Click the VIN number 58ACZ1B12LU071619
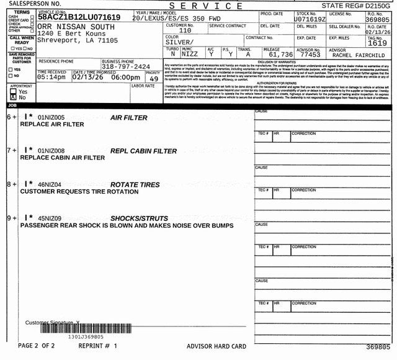(x=79, y=17)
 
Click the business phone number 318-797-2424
(x=125, y=66)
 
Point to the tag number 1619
(x=377, y=43)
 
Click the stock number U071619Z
(x=310, y=19)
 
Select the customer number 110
(x=185, y=30)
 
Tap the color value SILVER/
(x=181, y=42)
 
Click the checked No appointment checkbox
(x=14, y=97)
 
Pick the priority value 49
(x=153, y=79)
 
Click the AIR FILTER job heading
(x=128, y=117)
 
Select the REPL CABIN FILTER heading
(x=143, y=151)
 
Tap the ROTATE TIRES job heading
(x=135, y=184)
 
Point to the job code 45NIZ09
(x=50, y=218)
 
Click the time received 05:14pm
(x=52, y=78)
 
